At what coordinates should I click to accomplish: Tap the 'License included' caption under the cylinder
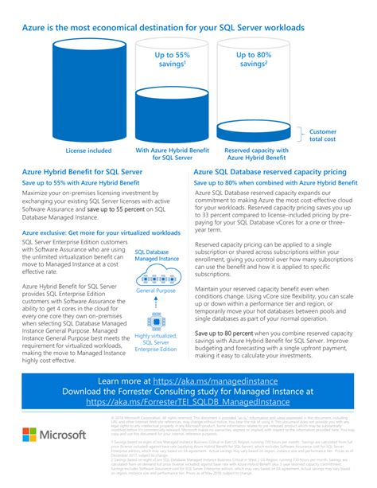tap(87, 150)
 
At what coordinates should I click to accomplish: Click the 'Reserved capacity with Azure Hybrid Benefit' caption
tap(251, 154)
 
